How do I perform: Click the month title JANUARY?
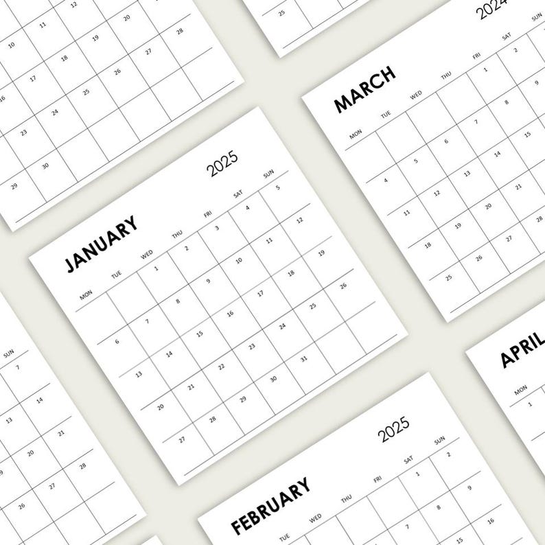(x=100, y=244)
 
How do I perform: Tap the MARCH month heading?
(x=364, y=90)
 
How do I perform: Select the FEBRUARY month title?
(x=270, y=505)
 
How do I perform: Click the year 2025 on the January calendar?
(x=224, y=163)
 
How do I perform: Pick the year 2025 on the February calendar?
(x=394, y=428)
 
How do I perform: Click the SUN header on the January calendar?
(x=268, y=175)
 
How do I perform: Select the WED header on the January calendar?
(x=147, y=256)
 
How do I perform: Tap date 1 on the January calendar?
(x=156, y=268)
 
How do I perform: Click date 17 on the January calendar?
(x=261, y=294)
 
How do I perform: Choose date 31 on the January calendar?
(x=304, y=358)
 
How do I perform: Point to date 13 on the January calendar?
(x=139, y=375)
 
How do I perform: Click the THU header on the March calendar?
(x=445, y=76)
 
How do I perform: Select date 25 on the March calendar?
(x=449, y=278)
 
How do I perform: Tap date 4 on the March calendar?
(x=386, y=181)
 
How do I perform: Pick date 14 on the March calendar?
(x=497, y=154)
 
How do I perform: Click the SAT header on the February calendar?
(x=409, y=459)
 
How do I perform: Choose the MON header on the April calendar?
(x=520, y=389)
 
